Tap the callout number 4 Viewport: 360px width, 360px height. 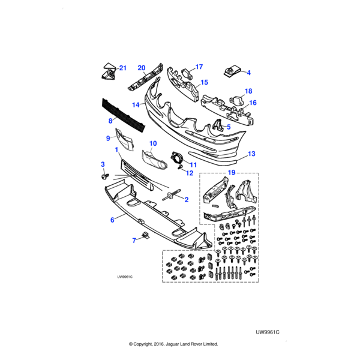[249, 73]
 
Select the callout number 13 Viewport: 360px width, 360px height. [251, 154]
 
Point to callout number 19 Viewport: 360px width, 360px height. [231, 173]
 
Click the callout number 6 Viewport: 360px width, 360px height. [112, 220]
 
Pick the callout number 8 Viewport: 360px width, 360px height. [110, 121]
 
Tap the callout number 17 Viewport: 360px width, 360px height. [199, 67]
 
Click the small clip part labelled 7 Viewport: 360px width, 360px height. [145, 235]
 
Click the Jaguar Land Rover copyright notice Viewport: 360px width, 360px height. [173, 344]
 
